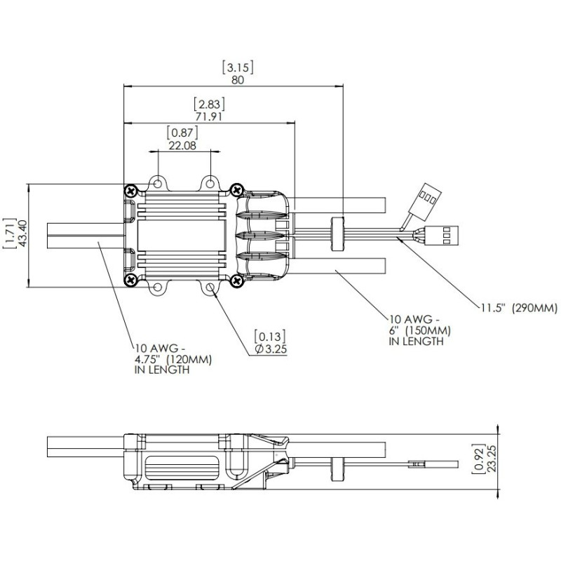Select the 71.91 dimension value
tap(208, 116)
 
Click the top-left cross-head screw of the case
tap(130, 190)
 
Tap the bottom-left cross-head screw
tap(130, 280)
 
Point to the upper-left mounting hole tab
tap(159, 183)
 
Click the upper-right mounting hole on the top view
tap(209, 183)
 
